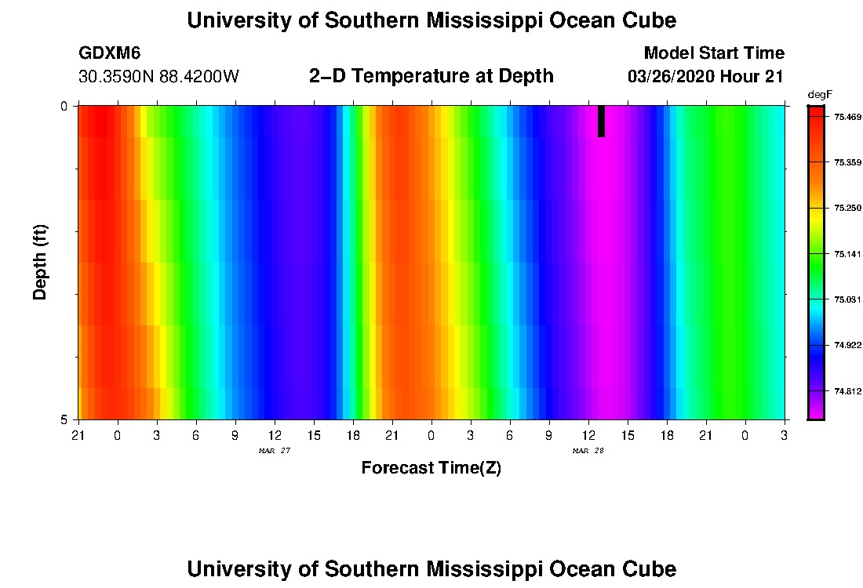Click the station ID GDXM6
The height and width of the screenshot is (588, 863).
pyautogui.click(x=109, y=53)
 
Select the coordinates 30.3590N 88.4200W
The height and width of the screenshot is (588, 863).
pyautogui.click(x=158, y=77)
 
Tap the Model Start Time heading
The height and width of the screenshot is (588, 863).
pyautogui.click(x=713, y=53)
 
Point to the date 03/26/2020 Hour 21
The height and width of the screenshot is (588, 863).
pyautogui.click(x=706, y=77)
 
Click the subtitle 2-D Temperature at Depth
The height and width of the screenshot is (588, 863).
pyautogui.click(x=431, y=76)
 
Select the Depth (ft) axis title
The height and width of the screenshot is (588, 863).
pyautogui.click(x=41, y=262)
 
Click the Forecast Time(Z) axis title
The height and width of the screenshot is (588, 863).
pyautogui.click(x=431, y=468)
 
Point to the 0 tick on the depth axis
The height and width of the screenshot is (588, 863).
pyautogui.click(x=64, y=107)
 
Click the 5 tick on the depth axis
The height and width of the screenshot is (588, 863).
pyautogui.click(x=64, y=419)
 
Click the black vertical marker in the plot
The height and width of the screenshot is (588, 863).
pyautogui.click(x=601, y=122)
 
